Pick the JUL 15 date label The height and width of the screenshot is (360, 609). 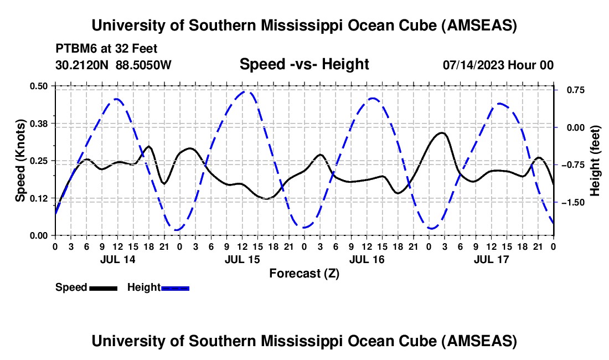[241, 259]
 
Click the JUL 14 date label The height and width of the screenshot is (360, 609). [117, 259]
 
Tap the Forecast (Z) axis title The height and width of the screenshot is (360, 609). [304, 273]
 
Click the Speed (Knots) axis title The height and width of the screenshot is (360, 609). [20, 161]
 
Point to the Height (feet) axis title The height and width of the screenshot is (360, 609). [595, 161]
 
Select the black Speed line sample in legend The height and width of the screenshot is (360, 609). [103, 288]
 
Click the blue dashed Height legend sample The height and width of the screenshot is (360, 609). [175, 288]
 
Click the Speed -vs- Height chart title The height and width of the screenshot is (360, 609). [304, 65]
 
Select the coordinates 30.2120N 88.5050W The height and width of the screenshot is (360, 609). [113, 65]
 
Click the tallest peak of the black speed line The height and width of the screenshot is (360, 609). [441, 133]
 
